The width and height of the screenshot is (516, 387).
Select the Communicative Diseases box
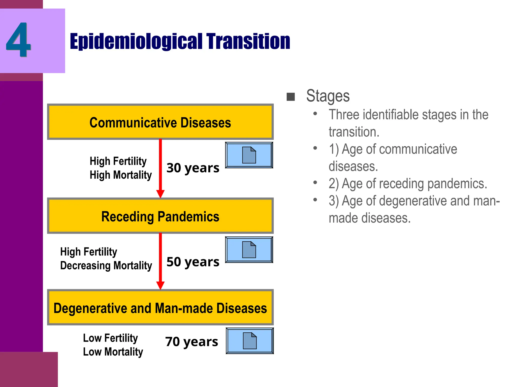[x=160, y=122]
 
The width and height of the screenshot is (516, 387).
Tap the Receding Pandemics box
[x=160, y=216]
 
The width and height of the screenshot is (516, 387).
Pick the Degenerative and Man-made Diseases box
[x=160, y=308]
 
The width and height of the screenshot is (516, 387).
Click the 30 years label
[x=193, y=168]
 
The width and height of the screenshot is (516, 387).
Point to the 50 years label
[x=193, y=262]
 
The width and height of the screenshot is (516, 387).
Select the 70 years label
[x=191, y=342]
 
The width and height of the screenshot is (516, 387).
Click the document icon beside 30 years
[x=249, y=155]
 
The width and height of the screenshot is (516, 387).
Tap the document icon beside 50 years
[x=249, y=249]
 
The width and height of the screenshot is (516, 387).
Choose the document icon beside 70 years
[x=250, y=341]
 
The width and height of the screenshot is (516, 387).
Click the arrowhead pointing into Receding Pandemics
[x=160, y=194]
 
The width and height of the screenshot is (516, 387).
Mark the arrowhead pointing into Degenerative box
[x=160, y=285]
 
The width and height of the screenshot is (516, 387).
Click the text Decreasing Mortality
[x=106, y=266]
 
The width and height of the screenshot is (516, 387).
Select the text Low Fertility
[x=110, y=338]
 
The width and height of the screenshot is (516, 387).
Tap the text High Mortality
[x=121, y=175]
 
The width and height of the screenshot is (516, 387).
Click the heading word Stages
[x=328, y=96]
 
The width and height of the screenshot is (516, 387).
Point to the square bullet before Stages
[x=291, y=97]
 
